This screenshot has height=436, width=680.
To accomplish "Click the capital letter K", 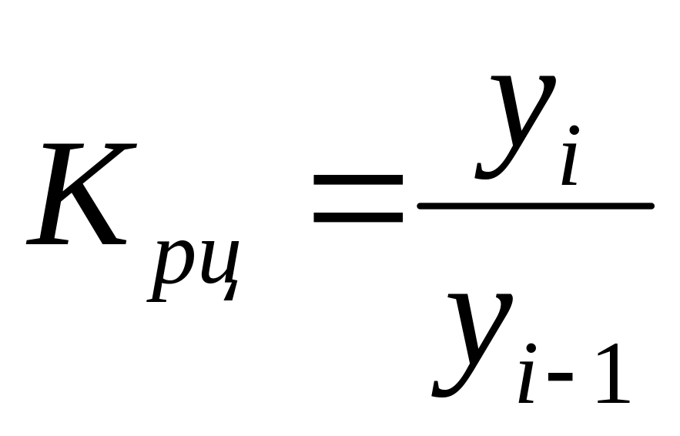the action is pyautogui.click(x=77, y=194).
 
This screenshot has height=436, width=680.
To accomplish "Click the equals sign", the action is pyautogui.click(x=357, y=199).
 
